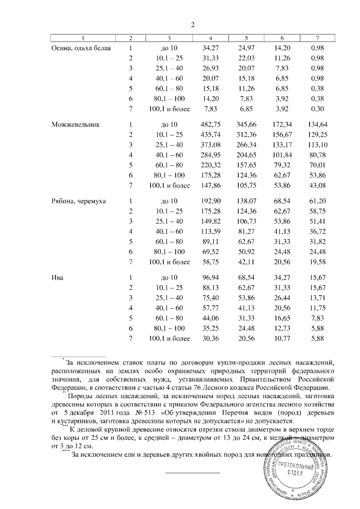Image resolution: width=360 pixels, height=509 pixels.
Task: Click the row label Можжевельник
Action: [x=75, y=124]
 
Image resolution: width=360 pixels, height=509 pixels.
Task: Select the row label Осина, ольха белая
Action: [x=81, y=48]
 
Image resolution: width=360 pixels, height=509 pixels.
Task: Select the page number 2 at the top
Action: [x=192, y=24]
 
